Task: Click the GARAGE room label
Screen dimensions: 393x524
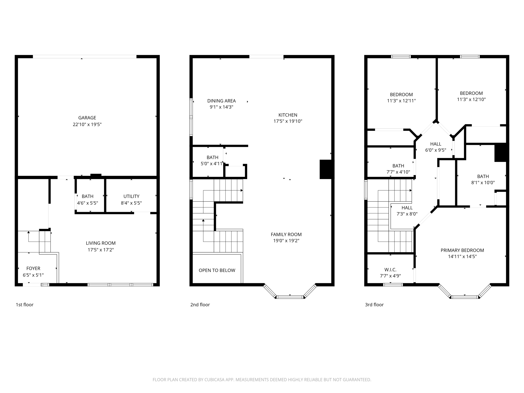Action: coord(87,118)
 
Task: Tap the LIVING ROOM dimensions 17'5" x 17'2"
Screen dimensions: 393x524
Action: coord(101,250)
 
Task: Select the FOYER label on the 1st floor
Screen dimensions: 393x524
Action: coord(33,268)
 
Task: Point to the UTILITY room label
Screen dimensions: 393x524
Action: coord(131,196)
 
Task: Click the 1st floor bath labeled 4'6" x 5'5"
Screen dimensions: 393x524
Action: coord(88,200)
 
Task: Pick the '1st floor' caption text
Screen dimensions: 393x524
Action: coord(25,304)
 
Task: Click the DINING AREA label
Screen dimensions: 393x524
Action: coord(221,101)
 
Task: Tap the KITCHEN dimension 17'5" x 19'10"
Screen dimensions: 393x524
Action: coord(288,121)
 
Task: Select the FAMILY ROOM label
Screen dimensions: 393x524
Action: coord(286,234)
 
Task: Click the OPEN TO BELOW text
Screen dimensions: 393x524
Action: coord(217,270)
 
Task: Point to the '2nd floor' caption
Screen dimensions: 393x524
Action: coord(200,304)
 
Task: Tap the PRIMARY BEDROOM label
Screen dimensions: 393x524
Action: coord(462,250)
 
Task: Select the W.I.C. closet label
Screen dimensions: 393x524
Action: coord(390,270)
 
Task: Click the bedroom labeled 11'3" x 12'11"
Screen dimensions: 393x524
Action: coord(401,97)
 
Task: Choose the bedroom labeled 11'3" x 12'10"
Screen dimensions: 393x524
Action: coord(471,96)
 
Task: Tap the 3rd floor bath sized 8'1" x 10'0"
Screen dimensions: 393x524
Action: coord(483,179)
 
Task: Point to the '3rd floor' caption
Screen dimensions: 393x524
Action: coord(374,304)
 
